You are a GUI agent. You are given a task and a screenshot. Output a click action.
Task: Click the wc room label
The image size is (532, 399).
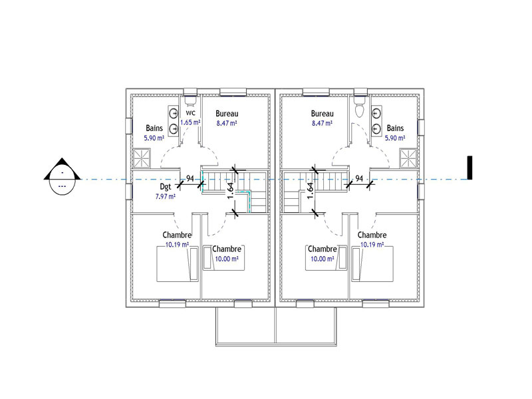pos(191,113)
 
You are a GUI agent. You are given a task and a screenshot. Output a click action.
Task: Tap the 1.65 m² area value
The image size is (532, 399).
pos(190,122)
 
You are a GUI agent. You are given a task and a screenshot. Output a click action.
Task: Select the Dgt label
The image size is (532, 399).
pos(165,187)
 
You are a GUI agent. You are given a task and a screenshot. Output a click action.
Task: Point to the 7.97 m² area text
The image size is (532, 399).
pos(165,196)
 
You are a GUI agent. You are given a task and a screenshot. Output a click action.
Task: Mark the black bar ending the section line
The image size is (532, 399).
pos(469,168)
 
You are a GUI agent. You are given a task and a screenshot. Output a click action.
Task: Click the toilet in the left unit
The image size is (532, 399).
pos(190,100)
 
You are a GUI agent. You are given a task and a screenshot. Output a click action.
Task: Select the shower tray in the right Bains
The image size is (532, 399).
pos(408,158)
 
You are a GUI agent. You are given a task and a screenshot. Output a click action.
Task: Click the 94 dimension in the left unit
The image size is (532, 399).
pos(190,178)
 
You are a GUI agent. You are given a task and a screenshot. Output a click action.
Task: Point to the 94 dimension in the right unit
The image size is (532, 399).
pos(359,178)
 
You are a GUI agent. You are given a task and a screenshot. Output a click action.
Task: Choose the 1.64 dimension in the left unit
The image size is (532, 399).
pos(231,191)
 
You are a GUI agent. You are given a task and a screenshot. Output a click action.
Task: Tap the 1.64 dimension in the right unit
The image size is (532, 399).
pos(310,191)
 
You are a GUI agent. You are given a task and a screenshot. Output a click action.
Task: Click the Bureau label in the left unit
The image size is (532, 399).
pos(227,114)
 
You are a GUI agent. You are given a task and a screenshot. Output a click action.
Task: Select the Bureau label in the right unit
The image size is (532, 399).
pos(322,114)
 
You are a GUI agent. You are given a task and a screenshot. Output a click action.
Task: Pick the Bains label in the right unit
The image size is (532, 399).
pos(395,128)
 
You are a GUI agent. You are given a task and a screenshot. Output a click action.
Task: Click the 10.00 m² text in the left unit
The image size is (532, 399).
pos(227,259)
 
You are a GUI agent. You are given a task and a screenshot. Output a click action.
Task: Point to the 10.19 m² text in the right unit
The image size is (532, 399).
pos(372,245)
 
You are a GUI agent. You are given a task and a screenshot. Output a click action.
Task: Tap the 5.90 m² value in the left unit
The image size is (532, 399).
pos(154,138)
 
